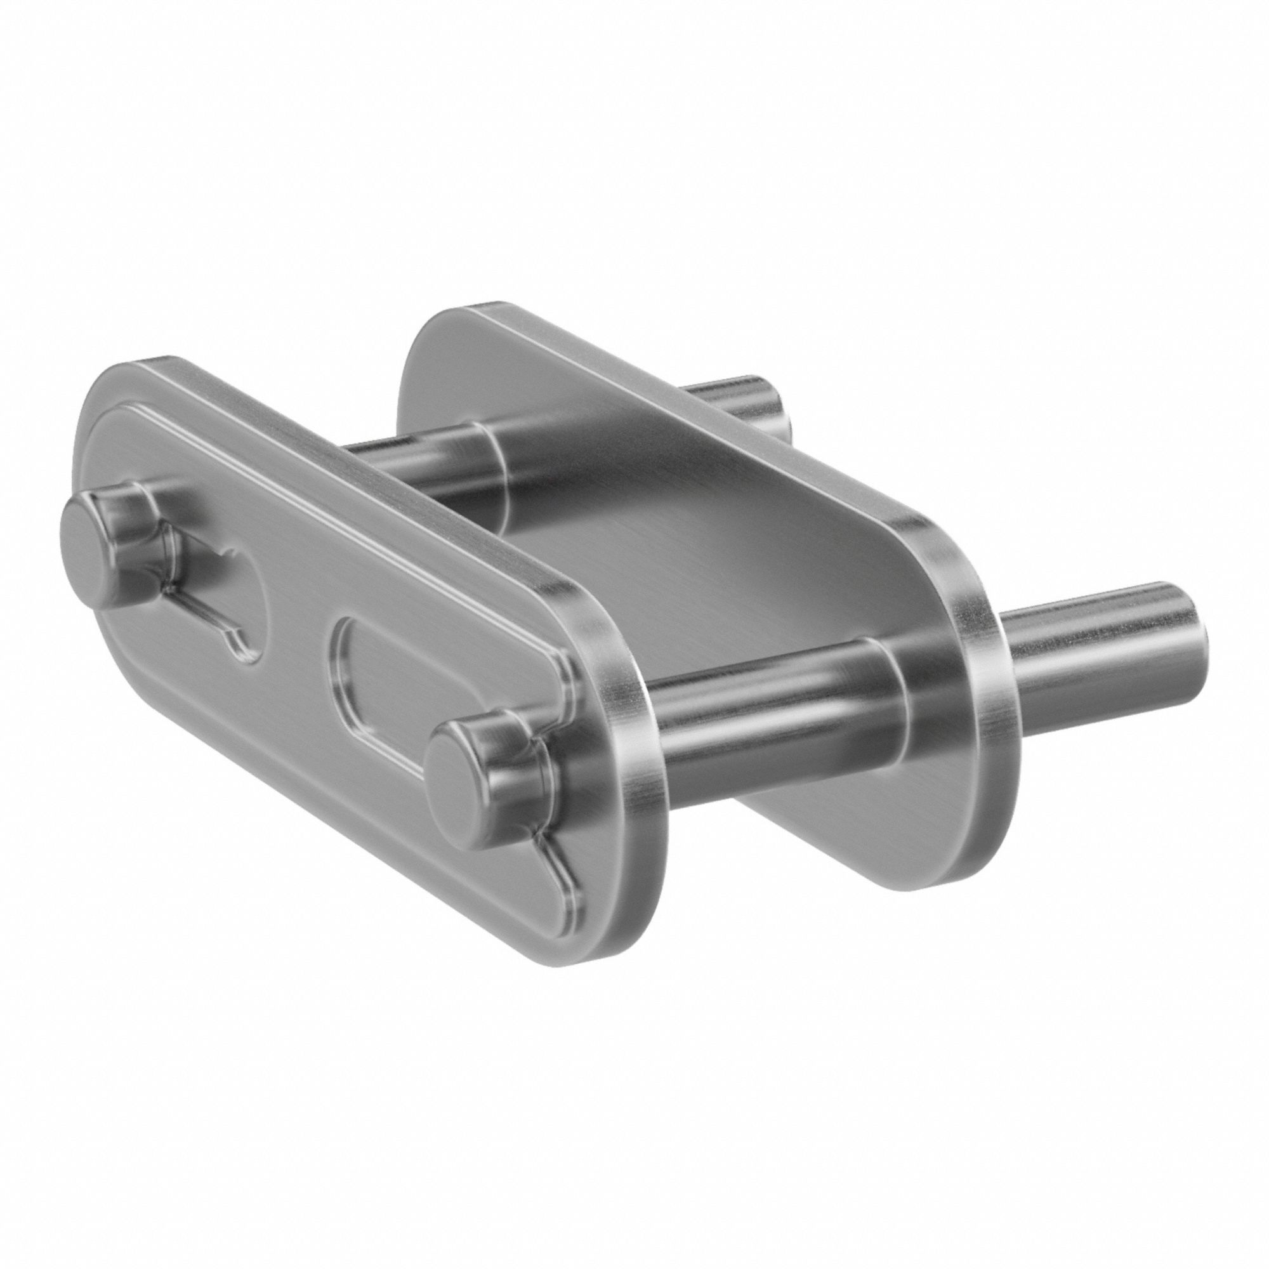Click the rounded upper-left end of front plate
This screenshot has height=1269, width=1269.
click(118, 407)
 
